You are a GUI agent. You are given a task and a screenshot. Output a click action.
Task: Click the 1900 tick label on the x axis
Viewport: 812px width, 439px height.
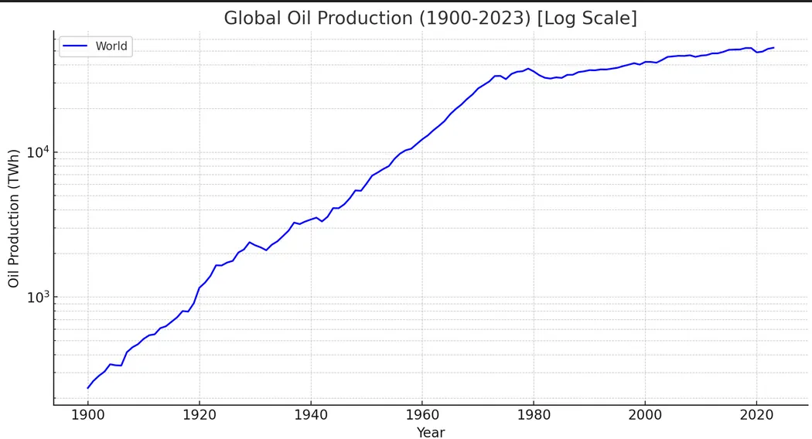coord(87,414)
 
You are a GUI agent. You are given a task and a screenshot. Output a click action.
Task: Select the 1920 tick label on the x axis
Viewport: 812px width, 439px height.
coord(199,414)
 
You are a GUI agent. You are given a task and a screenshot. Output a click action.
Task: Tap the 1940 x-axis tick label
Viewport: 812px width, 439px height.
coord(310,414)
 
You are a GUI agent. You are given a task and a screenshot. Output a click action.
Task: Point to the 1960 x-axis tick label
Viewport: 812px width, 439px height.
coord(421,414)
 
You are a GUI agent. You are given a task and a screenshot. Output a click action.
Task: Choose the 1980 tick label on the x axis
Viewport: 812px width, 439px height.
coord(533,414)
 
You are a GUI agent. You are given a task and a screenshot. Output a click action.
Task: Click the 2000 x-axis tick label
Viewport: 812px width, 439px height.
coord(644,414)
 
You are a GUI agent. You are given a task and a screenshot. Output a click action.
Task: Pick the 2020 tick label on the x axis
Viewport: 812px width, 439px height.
coord(756,414)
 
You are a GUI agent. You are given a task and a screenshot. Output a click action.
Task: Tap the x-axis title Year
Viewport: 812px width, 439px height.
coord(431,432)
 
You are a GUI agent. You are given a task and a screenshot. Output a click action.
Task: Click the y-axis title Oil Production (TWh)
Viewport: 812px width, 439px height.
coord(14,219)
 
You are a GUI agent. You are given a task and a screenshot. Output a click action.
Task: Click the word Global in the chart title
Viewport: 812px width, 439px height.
coord(249,18)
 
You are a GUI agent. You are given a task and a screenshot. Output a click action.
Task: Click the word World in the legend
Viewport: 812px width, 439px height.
coord(111,46)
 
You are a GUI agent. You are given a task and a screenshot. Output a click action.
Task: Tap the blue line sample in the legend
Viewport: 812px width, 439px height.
coord(75,46)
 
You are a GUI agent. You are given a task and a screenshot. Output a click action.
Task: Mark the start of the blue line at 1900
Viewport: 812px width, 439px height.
coord(88,387)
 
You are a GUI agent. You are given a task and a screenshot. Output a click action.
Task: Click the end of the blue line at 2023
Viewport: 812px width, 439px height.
coord(773,48)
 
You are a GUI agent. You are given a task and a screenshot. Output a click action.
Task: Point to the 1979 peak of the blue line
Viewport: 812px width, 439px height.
coord(528,69)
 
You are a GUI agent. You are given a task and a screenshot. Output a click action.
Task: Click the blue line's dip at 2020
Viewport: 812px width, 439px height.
coord(757,53)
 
